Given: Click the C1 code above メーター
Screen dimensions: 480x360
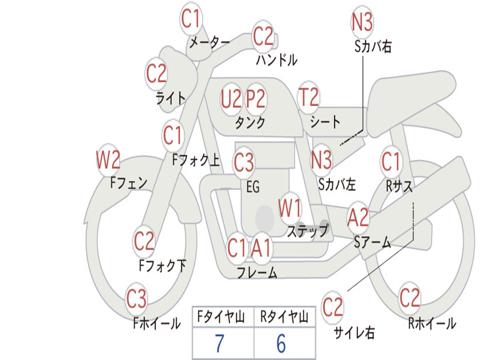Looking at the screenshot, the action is tap(190, 18).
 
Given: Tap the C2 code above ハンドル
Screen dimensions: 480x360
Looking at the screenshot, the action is tap(263, 36).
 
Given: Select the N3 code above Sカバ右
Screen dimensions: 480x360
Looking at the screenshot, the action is tap(362, 22).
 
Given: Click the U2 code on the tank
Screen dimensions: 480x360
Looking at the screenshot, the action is tap(231, 99).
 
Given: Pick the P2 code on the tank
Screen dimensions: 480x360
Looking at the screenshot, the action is tap(256, 99).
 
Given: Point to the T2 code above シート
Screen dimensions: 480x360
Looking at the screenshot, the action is tap(308, 97).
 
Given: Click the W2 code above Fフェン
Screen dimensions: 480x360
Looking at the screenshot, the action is tap(108, 160).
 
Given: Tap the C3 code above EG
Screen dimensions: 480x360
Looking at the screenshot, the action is tap(244, 162).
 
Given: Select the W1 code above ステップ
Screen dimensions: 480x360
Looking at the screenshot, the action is tap(290, 208).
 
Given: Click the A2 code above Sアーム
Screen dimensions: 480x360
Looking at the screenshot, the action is tap(358, 217).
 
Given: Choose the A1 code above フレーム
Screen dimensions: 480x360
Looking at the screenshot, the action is tap(262, 247).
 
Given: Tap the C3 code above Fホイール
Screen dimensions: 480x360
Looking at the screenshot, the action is tap(136, 299).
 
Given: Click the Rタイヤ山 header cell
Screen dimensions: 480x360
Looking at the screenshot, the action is tap(285, 316).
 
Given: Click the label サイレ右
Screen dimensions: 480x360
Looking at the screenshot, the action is tap(354, 332).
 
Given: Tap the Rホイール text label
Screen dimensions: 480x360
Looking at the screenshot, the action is tap(432, 323).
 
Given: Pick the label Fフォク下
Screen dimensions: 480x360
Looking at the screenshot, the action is tap(163, 266).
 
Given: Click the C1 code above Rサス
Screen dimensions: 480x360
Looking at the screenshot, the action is tap(391, 161).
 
